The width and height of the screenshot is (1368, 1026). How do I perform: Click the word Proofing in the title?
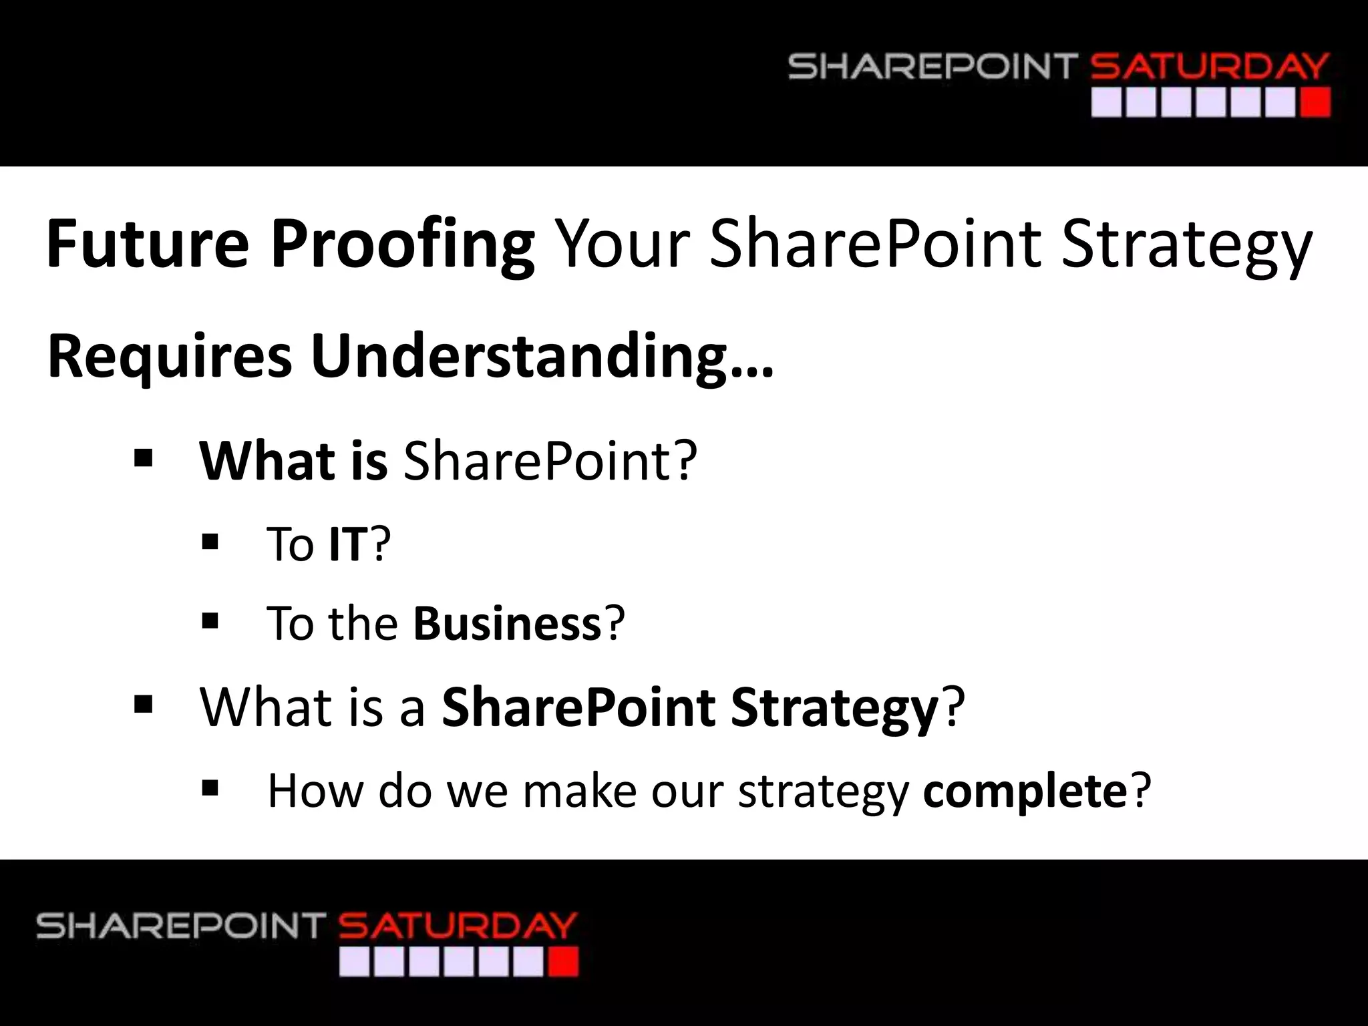tap(401, 246)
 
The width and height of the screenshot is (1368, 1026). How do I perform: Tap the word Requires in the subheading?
tap(170, 357)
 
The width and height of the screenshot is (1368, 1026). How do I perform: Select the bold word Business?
tap(508, 623)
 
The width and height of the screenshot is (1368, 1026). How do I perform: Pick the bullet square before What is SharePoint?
tap(143, 459)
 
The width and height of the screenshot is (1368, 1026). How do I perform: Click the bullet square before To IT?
tap(210, 542)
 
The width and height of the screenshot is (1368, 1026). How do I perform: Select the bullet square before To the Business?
tap(210, 621)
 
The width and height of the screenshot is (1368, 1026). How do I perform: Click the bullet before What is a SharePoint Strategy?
tap(143, 704)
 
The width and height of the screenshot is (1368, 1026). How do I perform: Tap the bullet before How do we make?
tap(210, 789)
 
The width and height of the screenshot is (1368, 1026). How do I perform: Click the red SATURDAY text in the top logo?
tap(1209, 67)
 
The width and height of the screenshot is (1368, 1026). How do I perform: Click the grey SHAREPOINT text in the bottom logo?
tap(180, 926)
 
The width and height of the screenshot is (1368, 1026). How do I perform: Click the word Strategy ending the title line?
tap(1186, 244)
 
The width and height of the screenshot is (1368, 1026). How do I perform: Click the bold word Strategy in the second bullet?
tap(835, 708)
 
